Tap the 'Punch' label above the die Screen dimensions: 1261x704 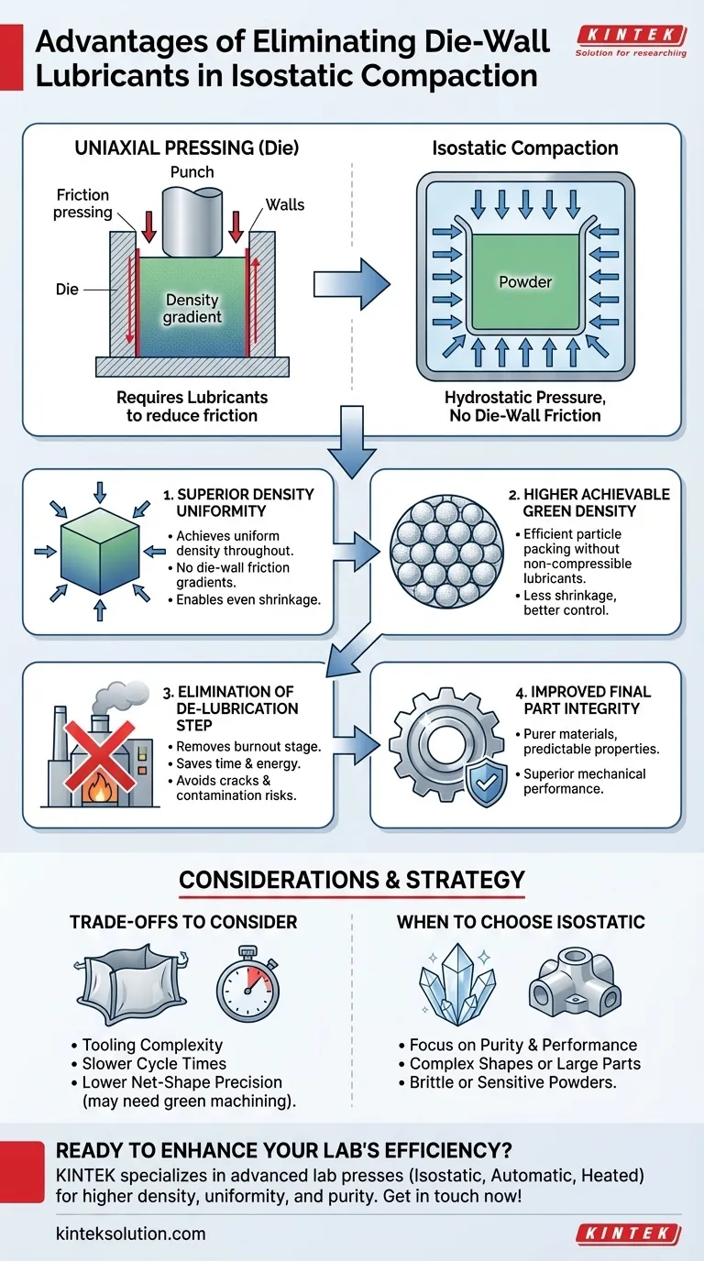(192, 172)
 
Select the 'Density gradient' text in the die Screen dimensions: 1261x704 (192, 309)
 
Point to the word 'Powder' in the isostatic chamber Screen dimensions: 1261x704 (524, 282)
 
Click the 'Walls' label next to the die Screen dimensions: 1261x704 (285, 204)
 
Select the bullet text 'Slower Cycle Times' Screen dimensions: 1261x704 (154, 1064)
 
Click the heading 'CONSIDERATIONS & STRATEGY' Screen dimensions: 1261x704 (352, 881)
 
